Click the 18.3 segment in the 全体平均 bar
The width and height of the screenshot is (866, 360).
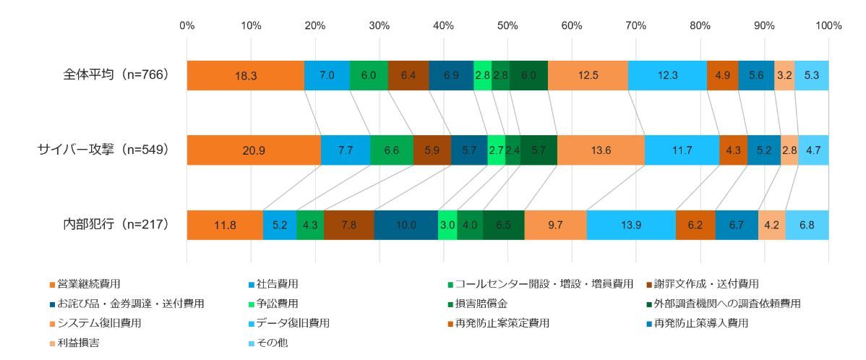[x=245, y=76]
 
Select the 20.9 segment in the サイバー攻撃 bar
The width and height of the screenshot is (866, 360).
[x=254, y=150]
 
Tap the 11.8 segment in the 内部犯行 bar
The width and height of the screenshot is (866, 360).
[x=224, y=225]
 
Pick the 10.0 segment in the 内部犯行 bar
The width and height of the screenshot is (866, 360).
[x=406, y=225]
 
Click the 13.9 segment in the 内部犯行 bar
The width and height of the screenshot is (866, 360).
[x=631, y=225]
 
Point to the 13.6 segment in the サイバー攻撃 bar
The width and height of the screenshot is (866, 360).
[x=601, y=150]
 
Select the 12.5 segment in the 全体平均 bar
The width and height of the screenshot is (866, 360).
[x=588, y=76]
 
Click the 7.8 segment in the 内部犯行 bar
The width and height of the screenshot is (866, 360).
[x=349, y=225]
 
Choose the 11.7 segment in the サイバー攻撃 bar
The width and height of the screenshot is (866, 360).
[x=682, y=150]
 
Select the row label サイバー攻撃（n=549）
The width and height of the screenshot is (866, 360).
[x=103, y=150]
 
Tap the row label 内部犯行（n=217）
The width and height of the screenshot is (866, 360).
[x=116, y=225]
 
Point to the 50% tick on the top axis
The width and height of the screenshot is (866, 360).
[x=507, y=26]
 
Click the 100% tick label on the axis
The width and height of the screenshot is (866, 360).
[x=828, y=26]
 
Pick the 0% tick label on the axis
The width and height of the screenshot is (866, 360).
[x=187, y=26]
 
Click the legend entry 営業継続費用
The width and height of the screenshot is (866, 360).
[x=87, y=283]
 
